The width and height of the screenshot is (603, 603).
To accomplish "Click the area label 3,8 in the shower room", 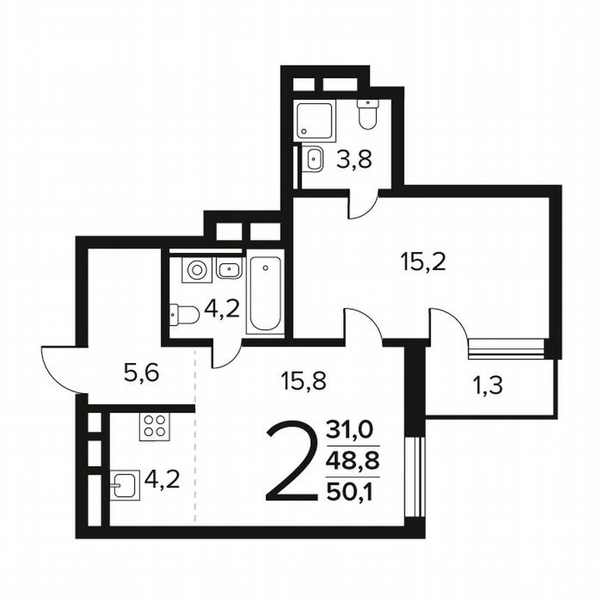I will point(354,159).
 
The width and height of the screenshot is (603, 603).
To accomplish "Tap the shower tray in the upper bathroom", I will point(315,119).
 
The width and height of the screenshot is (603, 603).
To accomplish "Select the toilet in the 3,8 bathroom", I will point(367,114).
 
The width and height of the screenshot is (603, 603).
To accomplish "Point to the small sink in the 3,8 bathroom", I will point(315,159).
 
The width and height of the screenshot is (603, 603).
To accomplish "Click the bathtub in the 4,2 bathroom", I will point(266,294).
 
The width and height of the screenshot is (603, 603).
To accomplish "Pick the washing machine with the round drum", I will point(195,269).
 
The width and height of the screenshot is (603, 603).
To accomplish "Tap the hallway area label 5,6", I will point(142,374).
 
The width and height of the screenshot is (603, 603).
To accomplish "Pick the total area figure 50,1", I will point(352,493).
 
